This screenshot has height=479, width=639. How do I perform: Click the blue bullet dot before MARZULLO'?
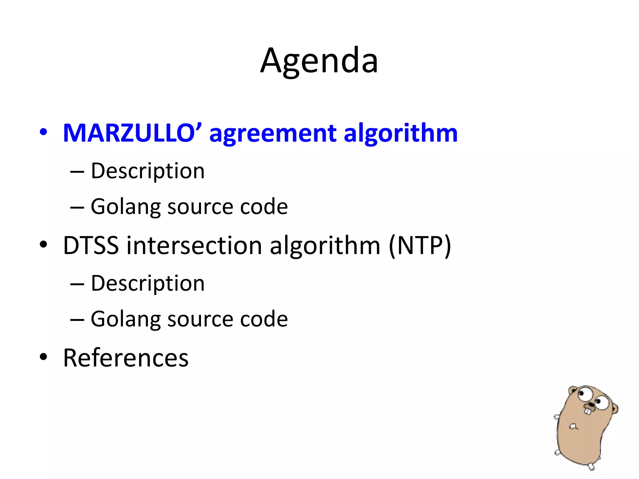[43, 132]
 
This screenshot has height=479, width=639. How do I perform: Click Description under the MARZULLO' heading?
[148, 172]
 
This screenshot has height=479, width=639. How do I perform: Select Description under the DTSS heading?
[148, 284]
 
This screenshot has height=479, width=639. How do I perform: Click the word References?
[126, 358]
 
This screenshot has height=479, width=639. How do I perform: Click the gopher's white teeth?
[588, 411]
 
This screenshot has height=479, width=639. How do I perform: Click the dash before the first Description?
[77, 172]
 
